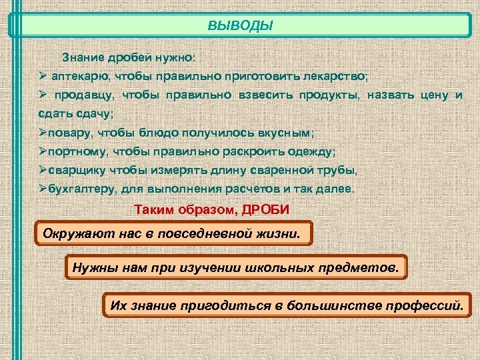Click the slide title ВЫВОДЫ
point(240,27)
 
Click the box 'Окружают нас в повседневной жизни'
point(173,234)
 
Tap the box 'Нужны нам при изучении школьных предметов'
point(237,268)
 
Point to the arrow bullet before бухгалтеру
point(43,189)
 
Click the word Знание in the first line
point(79,57)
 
